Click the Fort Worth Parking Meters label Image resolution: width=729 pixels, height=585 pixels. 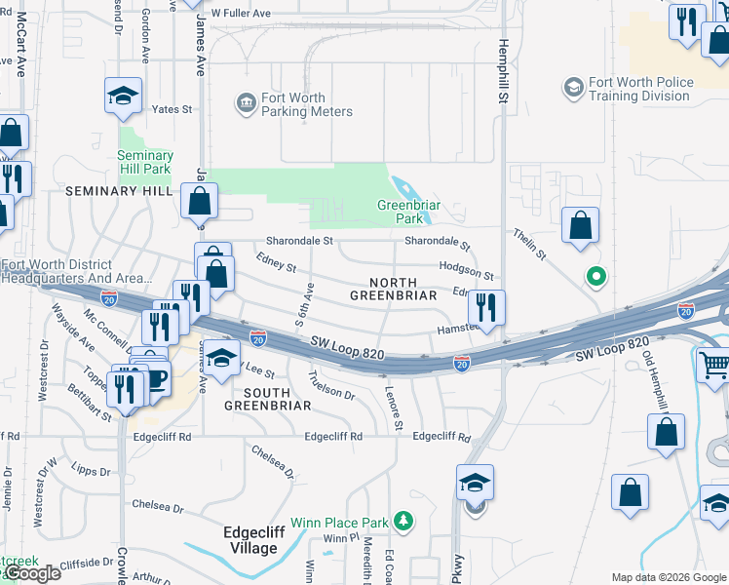pos(306,104)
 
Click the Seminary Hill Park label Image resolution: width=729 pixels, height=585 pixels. pos(144,162)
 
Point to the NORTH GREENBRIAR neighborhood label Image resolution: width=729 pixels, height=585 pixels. pos(387,289)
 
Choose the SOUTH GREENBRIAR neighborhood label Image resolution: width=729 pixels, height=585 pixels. pos(268,398)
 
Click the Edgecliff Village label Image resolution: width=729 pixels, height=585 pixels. pos(249,540)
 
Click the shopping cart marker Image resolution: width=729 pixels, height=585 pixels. pos(714,366)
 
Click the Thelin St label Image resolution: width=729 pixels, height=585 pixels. pos(530,244)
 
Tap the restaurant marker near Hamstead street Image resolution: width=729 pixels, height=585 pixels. pos(486,307)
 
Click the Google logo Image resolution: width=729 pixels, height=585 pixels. pos(32,573)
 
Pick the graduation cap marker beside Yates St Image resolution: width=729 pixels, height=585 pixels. pos(124,96)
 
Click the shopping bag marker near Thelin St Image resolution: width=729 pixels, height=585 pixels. pos(581,225)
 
